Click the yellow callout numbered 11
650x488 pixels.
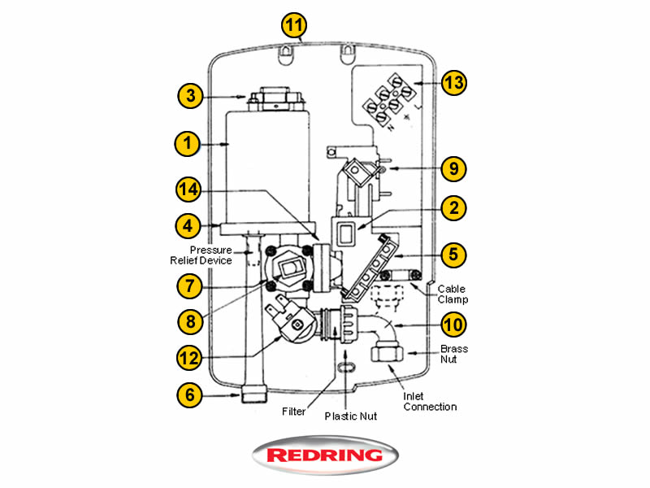294,24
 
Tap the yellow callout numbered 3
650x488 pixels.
189,96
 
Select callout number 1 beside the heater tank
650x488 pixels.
187,145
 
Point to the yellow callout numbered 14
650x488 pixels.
188,190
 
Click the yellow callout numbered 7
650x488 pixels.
188,285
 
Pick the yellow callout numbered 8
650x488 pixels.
189,320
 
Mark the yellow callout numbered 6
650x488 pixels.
188,395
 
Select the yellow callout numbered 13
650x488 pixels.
454,83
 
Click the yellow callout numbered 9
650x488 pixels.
454,169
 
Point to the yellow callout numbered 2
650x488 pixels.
454,207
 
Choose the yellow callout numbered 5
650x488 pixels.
454,254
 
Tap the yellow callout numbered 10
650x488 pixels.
454,325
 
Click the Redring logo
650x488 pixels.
325,455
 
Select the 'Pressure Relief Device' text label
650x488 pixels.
200,255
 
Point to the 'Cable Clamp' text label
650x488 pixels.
452,294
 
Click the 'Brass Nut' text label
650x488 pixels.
454,353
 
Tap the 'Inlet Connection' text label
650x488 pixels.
430,401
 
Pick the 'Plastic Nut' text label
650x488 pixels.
351,416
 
